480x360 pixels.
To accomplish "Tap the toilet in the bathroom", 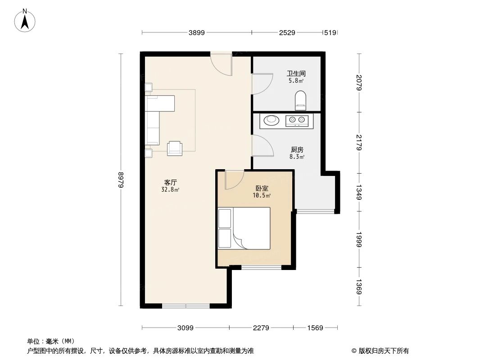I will [x=300, y=100].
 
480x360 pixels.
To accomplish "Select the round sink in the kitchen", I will [x=272, y=120].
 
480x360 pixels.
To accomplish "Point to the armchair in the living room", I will [x=175, y=148].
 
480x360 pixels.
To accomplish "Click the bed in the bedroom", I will [x=244, y=228].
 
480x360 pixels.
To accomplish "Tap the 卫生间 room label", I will [x=296, y=73].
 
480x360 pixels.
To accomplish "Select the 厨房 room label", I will [x=297, y=149].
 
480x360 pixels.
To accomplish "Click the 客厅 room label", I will [x=171, y=182].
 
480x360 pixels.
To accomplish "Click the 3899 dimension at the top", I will [x=197, y=32].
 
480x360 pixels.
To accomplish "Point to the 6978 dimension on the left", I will [x=121, y=180].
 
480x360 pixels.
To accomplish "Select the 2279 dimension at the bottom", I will [x=261, y=328].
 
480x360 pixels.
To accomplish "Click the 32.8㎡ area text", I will [x=171, y=190].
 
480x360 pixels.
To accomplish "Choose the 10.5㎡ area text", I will [x=261, y=196].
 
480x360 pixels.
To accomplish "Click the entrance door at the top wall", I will [x=221, y=63].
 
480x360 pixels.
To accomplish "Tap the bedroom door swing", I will [x=233, y=180].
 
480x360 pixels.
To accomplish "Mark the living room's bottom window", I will [x=186, y=306].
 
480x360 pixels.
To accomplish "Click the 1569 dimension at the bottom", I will [x=315, y=328].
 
